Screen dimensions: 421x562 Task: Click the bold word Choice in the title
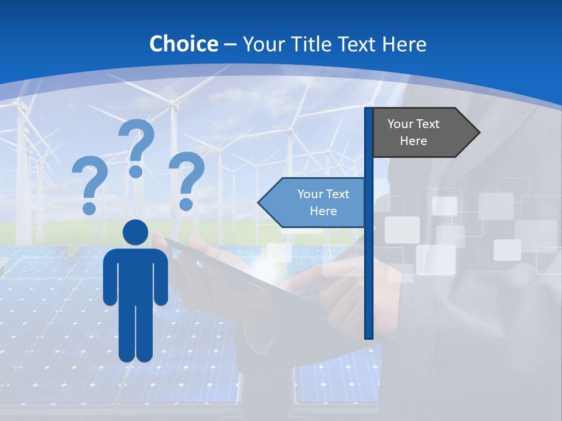(183, 44)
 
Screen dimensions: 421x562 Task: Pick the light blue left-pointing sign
(316, 203)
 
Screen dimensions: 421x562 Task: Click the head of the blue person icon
(135, 232)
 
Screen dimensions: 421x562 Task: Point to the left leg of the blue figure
(127, 333)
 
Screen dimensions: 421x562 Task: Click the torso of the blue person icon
(135, 275)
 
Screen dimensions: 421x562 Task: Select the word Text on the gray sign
(428, 124)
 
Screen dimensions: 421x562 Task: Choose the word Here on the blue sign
(323, 211)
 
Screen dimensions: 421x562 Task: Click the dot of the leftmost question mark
(89, 208)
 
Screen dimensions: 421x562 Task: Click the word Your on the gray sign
(400, 124)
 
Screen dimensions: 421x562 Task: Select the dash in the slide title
(230, 44)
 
